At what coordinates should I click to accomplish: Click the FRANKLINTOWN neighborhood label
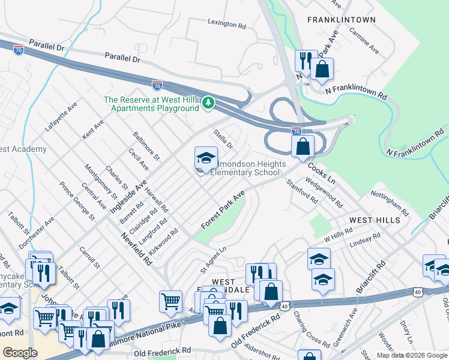(x=342, y=20)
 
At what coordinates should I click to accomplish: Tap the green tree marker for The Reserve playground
(x=208, y=103)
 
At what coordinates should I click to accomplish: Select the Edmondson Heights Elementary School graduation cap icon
(x=206, y=159)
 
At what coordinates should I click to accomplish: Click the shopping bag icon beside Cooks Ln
(x=303, y=146)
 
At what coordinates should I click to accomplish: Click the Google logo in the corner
(x=20, y=352)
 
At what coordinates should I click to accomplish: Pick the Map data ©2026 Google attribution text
(x=412, y=355)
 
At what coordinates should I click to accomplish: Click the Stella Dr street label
(x=223, y=139)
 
